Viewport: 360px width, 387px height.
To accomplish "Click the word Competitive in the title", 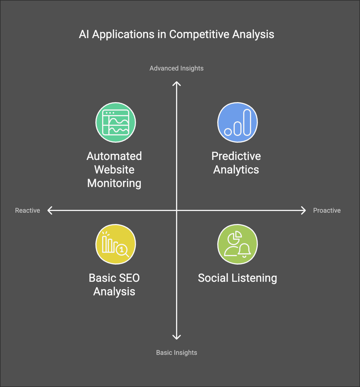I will (199, 34).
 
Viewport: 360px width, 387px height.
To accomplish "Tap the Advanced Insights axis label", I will (176, 68).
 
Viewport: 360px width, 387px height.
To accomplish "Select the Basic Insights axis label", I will (176, 353).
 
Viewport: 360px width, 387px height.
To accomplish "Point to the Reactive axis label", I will (27, 210).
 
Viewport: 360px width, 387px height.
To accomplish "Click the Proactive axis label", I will (327, 210).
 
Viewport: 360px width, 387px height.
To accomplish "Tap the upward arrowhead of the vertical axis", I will (177, 83).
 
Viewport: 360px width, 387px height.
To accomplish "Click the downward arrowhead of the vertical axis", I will (177, 337).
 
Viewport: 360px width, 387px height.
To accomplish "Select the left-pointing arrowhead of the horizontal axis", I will (50, 210).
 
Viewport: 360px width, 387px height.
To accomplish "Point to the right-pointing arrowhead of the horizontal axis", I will (304, 210).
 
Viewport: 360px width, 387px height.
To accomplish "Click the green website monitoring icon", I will (116, 122).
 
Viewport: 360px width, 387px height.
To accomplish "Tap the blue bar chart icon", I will (238, 122).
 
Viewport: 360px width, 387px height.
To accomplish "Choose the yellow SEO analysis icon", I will (116, 244).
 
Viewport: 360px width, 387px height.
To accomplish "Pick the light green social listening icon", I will (238, 244).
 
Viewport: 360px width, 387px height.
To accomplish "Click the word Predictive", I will (236, 156).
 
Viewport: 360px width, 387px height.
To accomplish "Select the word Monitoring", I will (114, 183).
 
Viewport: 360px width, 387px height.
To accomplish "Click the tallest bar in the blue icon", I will (247, 122).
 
